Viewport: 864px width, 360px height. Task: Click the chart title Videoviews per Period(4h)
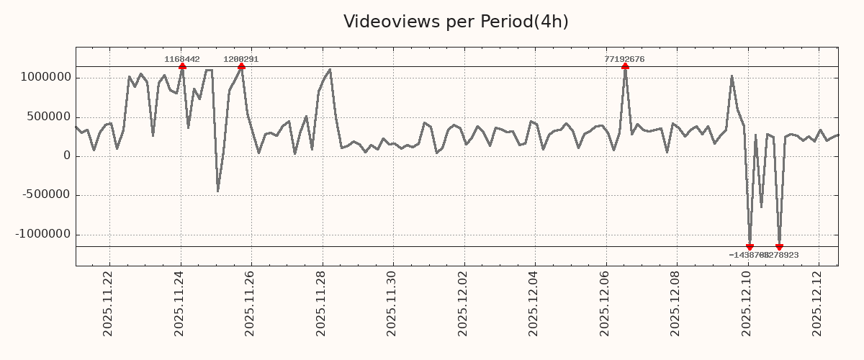pyautogui.click(x=456, y=22)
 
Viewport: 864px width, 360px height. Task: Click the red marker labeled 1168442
pyautogui.click(x=182, y=66)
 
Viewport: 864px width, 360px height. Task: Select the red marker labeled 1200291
pyautogui.click(x=241, y=66)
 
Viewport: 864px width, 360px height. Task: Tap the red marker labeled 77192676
pyautogui.click(x=625, y=66)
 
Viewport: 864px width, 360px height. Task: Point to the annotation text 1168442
pyautogui.click(x=182, y=59)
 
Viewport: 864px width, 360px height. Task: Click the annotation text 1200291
pyautogui.click(x=241, y=59)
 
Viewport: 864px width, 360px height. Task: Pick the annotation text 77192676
pyautogui.click(x=624, y=59)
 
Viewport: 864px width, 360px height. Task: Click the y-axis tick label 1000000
pyautogui.click(x=44, y=78)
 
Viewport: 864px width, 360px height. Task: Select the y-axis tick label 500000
pyautogui.click(x=48, y=117)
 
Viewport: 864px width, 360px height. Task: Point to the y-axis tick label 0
pyautogui.click(x=67, y=156)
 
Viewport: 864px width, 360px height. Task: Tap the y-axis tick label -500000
pyautogui.click(x=45, y=195)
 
